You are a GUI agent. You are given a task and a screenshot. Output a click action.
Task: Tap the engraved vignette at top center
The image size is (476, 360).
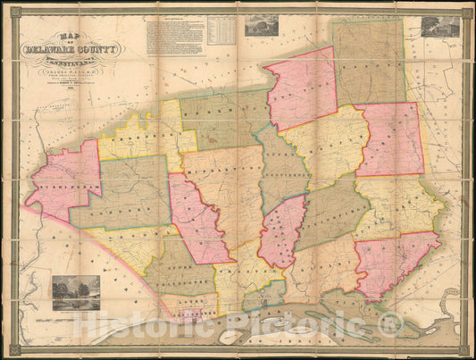(264, 25)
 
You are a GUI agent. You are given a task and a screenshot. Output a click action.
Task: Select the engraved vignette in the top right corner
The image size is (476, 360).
(440, 27)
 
